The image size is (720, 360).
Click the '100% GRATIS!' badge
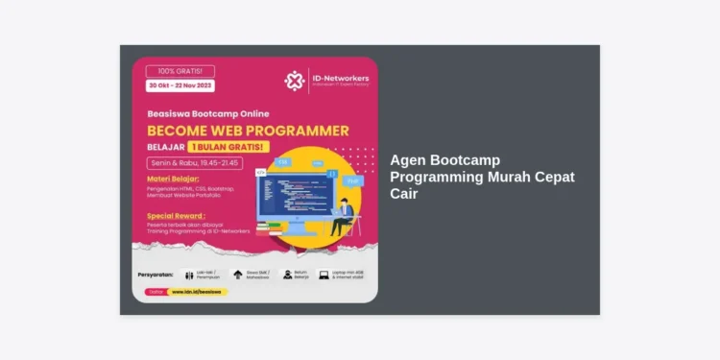point(180,70)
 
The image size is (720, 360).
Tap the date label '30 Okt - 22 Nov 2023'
point(181,84)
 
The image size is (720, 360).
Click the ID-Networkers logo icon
point(295,81)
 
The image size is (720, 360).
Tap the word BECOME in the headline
point(174,130)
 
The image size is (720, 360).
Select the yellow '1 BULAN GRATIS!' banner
point(228,147)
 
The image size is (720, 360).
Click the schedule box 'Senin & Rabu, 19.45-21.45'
point(192,163)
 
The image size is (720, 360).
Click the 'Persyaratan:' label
point(156,275)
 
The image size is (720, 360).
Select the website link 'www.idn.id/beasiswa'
point(197,291)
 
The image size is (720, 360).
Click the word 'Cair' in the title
point(403,193)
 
